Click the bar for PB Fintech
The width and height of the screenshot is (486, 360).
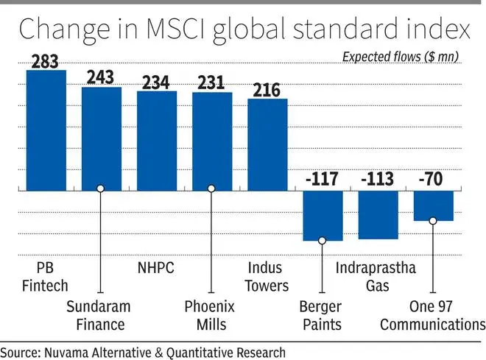pyautogui.click(x=46, y=130)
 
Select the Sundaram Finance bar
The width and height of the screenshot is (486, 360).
pyautogui.click(x=101, y=138)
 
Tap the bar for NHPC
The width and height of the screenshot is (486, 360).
pyautogui.click(x=156, y=141)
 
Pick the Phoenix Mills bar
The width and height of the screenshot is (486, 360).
pyautogui.click(x=211, y=141)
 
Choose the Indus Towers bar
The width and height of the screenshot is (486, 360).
pyautogui.click(x=267, y=144)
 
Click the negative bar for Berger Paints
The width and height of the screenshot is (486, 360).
pyautogui.click(x=323, y=216)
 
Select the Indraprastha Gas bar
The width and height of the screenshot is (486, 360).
pyautogui.click(x=378, y=215)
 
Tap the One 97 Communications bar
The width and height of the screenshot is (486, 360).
pyautogui.click(x=433, y=206)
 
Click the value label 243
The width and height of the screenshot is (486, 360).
pyautogui.click(x=101, y=77)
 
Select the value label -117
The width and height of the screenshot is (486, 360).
pyautogui.click(x=322, y=180)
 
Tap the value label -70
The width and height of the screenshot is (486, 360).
pyautogui.click(x=432, y=180)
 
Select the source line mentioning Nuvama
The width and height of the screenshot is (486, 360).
pyautogui.click(x=142, y=350)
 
